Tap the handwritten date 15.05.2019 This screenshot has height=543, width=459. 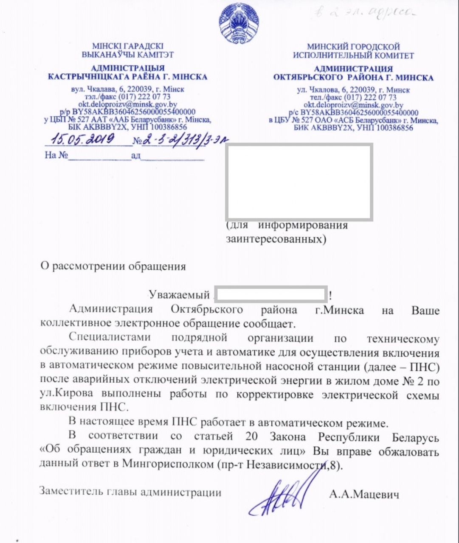pyautogui.click(x=81, y=139)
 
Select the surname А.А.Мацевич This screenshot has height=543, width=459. pyautogui.click(x=363, y=494)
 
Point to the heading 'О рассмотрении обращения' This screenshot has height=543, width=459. pyautogui.click(x=113, y=266)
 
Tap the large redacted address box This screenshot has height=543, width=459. pyautogui.click(x=299, y=182)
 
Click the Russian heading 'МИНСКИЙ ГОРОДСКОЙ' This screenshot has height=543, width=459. pyautogui.click(x=353, y=47)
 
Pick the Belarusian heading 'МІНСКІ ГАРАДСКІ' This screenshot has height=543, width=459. pyautogui.click(x=127, y=46)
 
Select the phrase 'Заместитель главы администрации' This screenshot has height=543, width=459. pyautogui.click(x=130, y=492)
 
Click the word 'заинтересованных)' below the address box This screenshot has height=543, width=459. pyautogui.click(x=276, y=239)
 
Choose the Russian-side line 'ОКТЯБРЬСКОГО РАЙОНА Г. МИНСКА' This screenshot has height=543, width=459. pyautogui.click(x=353, y=78)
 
